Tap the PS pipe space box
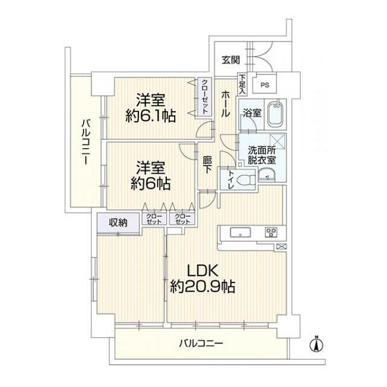[x=264, y=85]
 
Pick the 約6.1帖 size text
[x=152, y=115]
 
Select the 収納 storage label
[x=118, y=222]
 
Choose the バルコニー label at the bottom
[x=201, y=343]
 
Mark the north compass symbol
[x=315, y=345]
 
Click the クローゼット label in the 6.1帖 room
[x=205, y=97]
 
